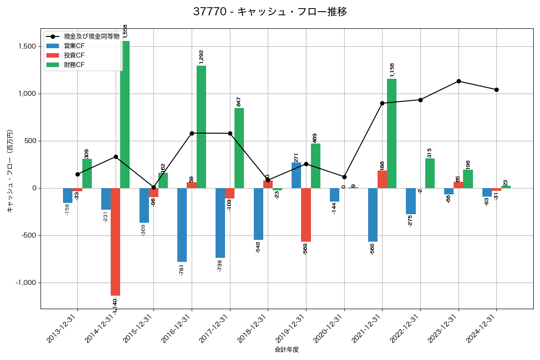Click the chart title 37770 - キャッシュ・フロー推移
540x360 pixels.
270,12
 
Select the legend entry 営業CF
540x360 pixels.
74,46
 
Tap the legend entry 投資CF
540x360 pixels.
74,55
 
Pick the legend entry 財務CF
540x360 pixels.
74,65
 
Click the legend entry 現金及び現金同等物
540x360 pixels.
91,36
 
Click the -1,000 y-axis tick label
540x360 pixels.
26,283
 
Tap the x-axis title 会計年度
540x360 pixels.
287,350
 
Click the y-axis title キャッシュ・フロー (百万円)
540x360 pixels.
10,171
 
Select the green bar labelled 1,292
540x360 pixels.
201,127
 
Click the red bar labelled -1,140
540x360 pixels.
115,242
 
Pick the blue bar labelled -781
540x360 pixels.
182,225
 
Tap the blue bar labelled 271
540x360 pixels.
296,175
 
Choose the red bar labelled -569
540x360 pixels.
306,215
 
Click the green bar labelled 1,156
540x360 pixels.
391,134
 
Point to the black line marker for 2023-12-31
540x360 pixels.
459,81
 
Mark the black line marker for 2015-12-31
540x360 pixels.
153,187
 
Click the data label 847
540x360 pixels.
239,102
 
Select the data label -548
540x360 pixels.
258,247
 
